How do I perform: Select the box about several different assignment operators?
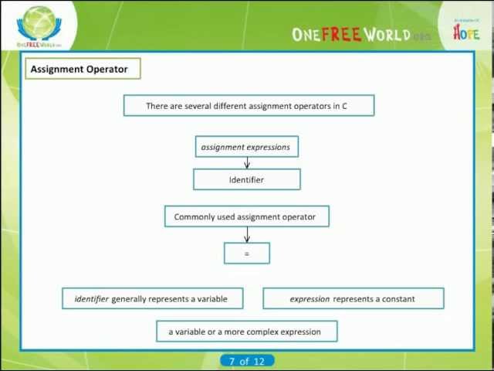249,106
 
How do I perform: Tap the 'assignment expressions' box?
246,147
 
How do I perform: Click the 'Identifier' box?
246,179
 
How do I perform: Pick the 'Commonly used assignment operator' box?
246,216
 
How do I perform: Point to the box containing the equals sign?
247,254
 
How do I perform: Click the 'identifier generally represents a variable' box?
153,298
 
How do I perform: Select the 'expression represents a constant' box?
353,298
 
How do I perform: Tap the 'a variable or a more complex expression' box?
246,332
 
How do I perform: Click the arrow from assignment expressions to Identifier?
247,162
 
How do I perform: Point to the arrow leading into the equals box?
247,235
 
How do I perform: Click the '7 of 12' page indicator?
247,361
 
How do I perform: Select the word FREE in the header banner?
340,35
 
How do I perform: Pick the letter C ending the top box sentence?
344,106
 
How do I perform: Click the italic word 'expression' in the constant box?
310,298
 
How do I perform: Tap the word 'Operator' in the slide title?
107,69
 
